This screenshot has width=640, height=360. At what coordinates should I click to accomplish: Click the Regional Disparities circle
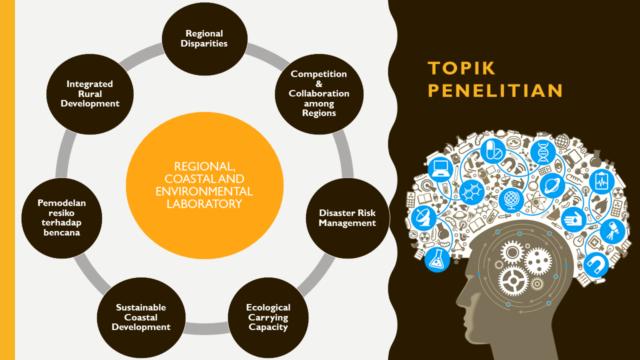point(204,38)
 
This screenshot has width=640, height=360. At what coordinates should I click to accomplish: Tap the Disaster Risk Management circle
point(347,218)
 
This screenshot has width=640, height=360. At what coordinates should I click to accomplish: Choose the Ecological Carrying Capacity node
point(268,317)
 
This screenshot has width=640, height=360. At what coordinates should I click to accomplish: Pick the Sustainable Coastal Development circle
point(141,317)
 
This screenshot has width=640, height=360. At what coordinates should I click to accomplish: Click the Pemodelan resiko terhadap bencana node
point(61,217)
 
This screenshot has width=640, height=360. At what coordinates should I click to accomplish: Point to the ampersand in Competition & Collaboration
point(319,83)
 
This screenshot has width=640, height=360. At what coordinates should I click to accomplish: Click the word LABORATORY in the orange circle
point(204,204)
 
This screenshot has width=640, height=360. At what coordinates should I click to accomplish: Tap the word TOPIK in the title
point(461,68)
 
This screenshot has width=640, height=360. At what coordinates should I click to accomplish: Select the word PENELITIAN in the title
point(495,91)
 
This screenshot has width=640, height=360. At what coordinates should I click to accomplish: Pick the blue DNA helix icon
point(542,151)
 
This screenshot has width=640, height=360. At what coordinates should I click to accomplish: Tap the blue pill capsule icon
point(493,150)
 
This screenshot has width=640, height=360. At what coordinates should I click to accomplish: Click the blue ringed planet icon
point(552,185)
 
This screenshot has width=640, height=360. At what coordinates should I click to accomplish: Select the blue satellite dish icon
point(423,215)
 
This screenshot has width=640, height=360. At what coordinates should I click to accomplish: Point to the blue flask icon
point(437,259)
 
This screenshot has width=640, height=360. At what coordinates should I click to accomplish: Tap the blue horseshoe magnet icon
point(596,264)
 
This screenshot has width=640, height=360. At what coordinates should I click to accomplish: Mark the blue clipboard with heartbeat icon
point(601,182)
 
